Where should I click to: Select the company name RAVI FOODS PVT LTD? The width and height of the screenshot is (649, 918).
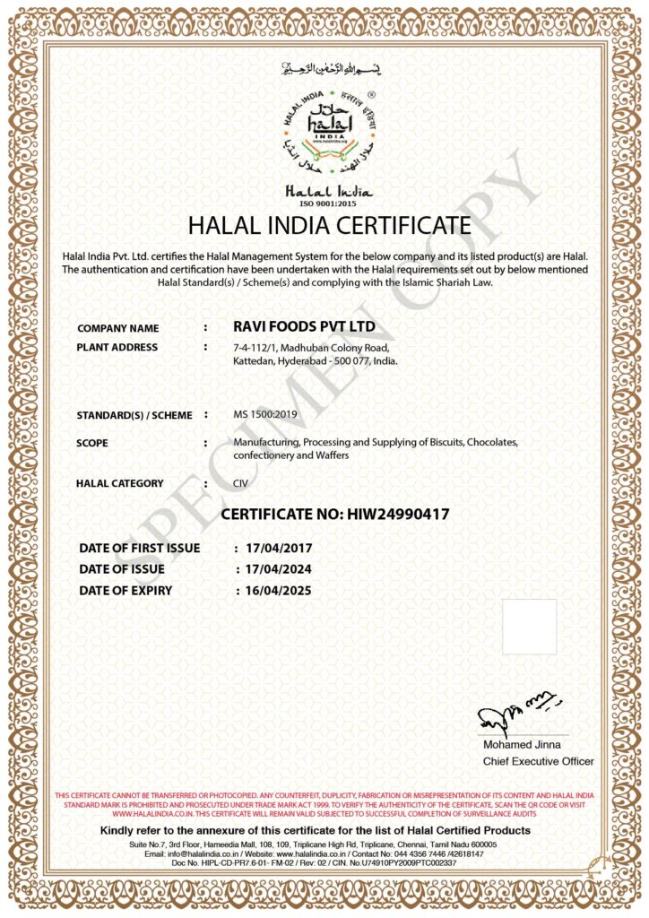(304, 326)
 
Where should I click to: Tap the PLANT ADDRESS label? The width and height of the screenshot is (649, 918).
(117, 347)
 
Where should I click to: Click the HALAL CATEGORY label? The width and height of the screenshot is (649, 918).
(120, 483)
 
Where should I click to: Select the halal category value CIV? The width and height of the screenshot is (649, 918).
(240, 483)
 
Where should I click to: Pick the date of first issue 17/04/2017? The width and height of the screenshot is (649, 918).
(276, 547)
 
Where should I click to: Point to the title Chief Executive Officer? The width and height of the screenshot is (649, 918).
(538, 761)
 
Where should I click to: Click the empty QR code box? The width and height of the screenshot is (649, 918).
(529, 627)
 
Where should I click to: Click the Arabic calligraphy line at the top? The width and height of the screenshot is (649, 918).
(325, 68)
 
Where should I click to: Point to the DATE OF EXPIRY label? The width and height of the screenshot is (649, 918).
(125, 591)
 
